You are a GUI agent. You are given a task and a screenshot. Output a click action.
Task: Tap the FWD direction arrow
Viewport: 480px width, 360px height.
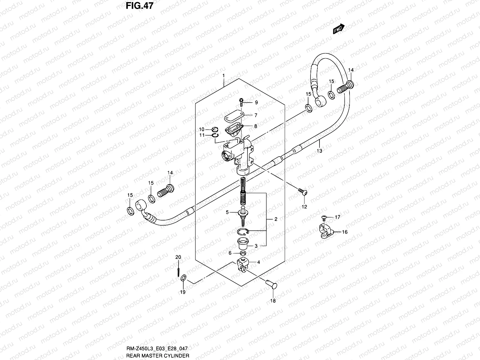click(x=339, y=29)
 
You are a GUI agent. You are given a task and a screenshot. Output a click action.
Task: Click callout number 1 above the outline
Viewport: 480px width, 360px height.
click(x=223, y=75)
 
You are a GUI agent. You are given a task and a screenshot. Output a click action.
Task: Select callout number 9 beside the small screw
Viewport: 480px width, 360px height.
click(x=256, y=103)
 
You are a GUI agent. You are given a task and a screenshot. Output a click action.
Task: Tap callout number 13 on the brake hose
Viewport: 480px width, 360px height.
click(x=319, y=151)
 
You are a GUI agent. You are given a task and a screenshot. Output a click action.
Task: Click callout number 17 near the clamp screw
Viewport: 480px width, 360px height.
click(x=337, y=217)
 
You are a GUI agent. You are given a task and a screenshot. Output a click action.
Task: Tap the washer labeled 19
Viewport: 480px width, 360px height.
click(x=184, y=279)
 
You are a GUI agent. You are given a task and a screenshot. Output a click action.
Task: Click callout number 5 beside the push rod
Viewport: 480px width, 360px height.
click(x=227, y=212)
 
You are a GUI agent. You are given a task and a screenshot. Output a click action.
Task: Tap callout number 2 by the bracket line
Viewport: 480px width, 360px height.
click(x=276, y=219)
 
